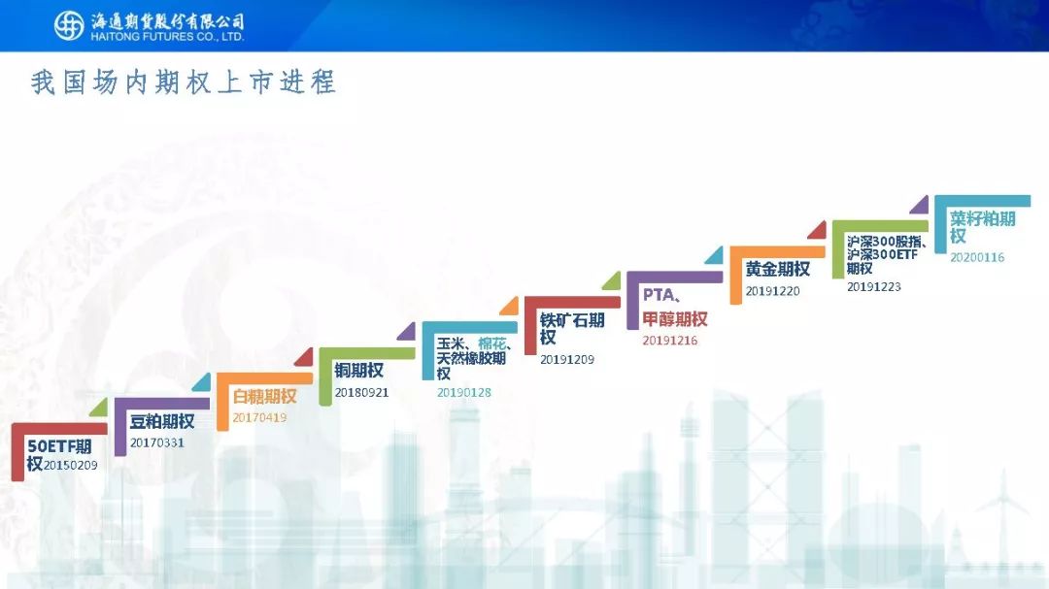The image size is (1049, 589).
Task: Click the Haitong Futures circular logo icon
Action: (x=69, y=26)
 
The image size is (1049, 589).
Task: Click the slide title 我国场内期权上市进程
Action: (x=183, y=82)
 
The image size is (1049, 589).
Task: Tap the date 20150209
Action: (x=70, y=466)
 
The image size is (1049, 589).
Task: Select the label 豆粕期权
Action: (x=162, y=421)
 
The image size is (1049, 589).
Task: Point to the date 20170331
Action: (x=156, y=442)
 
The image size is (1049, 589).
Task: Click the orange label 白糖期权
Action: (x=264, y=397)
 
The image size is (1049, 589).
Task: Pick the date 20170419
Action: (x=259, y=417)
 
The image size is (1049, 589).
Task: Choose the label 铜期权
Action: (x=359, y=371)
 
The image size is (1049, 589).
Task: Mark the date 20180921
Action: (x=361, y=392)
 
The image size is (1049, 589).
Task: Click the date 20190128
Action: (x=464, y=392)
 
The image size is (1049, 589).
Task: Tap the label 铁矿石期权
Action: (x=572, y=328)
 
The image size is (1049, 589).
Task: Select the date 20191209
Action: (x=567, y=360)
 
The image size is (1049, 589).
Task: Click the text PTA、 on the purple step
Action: (x=661, y=295)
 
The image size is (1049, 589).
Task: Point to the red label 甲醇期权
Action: (x=675, y=319)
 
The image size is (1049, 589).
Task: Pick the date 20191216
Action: (x=669, y=341)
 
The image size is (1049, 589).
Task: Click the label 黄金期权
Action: (x=778, y=269)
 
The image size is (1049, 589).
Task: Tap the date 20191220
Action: (x=773, y=291)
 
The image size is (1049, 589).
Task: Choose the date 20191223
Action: (x=874, y=287)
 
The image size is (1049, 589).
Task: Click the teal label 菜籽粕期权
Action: (x=983, y=227)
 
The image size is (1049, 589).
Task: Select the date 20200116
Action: (x=977, y=257)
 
